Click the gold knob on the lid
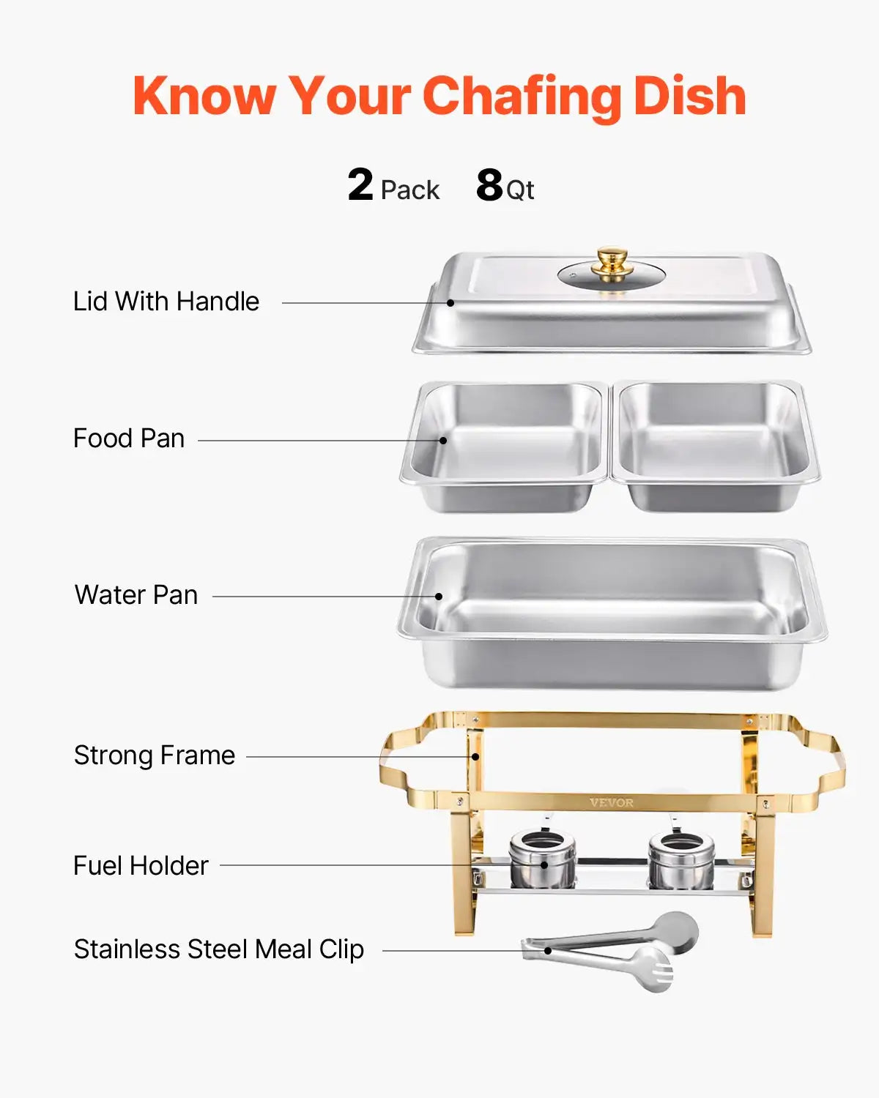pyautogui.click(x=612, y=261)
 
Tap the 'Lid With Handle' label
pyautogui.click(x=166, y=302)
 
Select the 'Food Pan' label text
pyautogui.click(x=129, y=438)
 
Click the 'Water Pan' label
pyautogui.click(x=136, y=595)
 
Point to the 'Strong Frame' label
pyautogui.click(x=155, y=755)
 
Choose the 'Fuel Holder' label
pyautogui.click(x=141, y=866)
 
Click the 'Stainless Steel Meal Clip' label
pyautogui.click(x=219, y=949)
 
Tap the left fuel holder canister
pyautogui.click(x=542, y=860)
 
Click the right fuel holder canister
pyautogui.click(x=681, y=860)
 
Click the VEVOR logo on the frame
pyautogui.click(x=612, y=803)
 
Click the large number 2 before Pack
pyautogui.click(x=360, y=184)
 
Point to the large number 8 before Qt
pyautogui.click(x=489, y=185)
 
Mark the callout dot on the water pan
pyautogui.click(x=439, y=597)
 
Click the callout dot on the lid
pyautogui.click(x=451, y=302)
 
